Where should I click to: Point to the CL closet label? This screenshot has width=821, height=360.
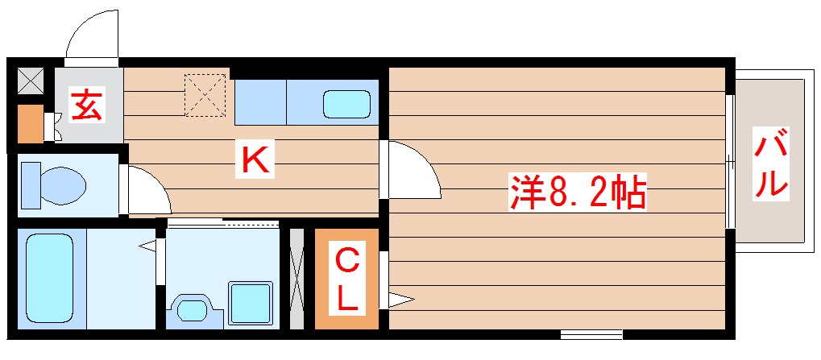pyautogui.click(x=346, y=279)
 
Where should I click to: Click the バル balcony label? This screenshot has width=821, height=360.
pyautogui.click(x=770, y=163)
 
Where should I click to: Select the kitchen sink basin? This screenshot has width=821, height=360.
pyautogui.click(x=346, y=104)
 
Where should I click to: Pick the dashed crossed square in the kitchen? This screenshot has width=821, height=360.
pyautogui.click(x=205, y=95)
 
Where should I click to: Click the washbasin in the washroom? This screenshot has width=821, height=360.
pyautogui.click(x=192, y=308)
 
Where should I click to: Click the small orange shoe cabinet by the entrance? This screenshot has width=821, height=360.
pyautogui.click(x=31, y=122)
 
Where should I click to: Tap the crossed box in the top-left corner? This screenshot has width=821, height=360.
pyautogui.click(x=31, y=80)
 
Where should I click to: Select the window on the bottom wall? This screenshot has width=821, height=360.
pyautogui.click(x=591, y=333)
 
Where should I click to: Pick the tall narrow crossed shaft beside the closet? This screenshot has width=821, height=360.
pyautogui.click(x=296, y=279)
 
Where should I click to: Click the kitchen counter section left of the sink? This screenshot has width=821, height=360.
pyautogui.click(x=260, y=101)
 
